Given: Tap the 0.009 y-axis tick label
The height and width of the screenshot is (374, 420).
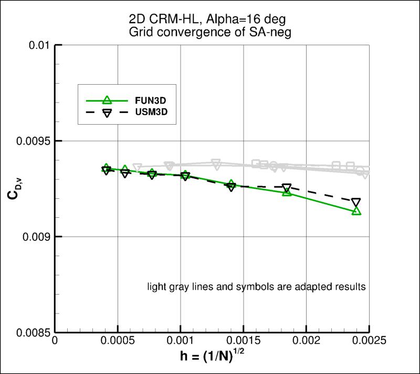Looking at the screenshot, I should coord(36,237).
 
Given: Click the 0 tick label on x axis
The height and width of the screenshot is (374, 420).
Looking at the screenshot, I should coord(55,341).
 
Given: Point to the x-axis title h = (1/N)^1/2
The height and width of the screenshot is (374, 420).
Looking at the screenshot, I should coord(212,357).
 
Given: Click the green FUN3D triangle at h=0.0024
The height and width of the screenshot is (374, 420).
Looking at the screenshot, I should coord(356,211).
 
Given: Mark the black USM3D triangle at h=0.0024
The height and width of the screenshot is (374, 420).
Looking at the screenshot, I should coord(356,203).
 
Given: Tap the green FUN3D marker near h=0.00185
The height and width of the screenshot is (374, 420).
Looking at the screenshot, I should coord(287,193).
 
